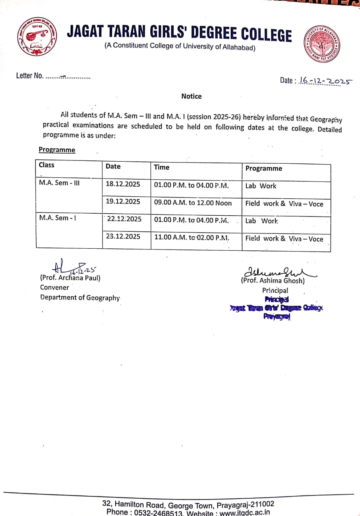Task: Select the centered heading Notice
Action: point(191,96)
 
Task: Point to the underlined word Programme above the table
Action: point(57,150)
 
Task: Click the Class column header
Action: point(46,165)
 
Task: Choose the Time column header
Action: point(162,167)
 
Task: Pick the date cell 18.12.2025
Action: point(123,184)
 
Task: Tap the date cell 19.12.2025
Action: point(123,202)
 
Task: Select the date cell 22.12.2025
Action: point(124,219)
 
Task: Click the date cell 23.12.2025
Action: point(123,237)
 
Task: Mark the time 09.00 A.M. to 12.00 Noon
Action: point(193,203)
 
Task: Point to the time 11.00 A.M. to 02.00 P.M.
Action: point(191,237)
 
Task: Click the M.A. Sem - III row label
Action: point(59,183)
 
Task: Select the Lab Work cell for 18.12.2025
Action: point(261,186)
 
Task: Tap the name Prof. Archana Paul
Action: point(70,278)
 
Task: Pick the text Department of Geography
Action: point(80,298)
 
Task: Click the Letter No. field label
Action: point(29,76)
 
